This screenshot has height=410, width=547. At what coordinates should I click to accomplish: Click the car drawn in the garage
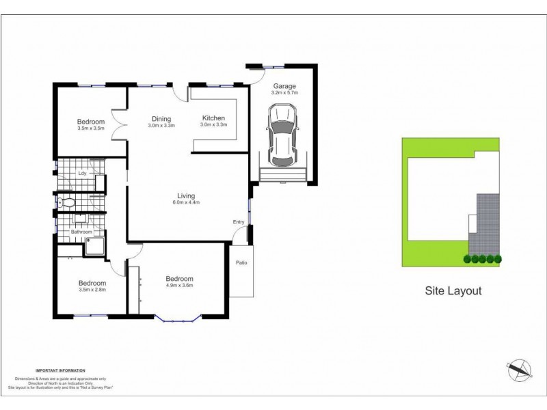283,135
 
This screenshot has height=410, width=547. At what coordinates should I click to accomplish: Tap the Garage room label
284,86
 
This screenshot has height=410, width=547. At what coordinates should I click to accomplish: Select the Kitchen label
213,118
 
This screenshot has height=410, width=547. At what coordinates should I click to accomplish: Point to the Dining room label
161,118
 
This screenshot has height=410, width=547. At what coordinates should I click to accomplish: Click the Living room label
187,195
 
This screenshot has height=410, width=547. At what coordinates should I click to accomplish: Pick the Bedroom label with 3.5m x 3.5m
91,122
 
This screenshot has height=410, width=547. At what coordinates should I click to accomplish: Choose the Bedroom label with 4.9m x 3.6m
180,279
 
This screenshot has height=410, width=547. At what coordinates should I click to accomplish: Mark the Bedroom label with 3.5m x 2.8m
92,283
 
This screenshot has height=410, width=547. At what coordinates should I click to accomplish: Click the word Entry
239,222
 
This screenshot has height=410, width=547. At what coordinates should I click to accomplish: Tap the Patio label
241,263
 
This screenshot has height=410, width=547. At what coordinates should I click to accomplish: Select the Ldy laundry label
82,173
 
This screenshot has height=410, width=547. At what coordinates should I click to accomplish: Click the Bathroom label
82,232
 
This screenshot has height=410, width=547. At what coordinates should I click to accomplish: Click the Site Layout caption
453,290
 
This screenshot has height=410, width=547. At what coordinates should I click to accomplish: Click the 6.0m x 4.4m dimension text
187,202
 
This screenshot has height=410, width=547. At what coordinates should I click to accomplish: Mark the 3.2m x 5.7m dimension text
284,93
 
